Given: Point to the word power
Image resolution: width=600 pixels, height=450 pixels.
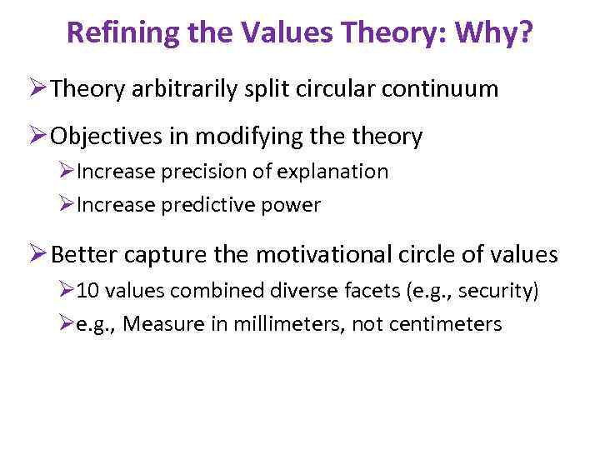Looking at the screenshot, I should point(293,205).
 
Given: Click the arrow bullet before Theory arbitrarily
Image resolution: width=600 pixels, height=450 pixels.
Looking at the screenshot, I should point(37,89).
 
